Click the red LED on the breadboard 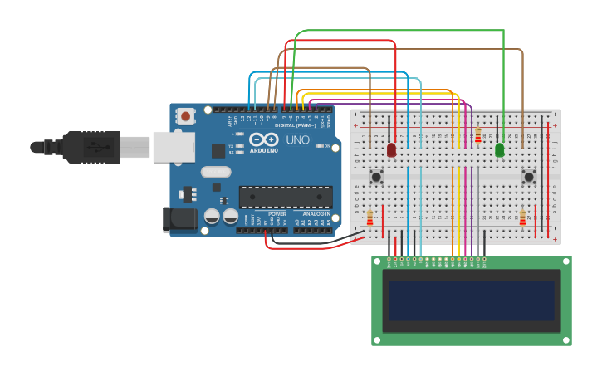[391, 150]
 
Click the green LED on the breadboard [499, 150]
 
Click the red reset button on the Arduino [186, 116]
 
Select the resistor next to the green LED [478, 134]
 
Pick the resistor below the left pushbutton [370, 218]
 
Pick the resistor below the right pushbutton [522, 217]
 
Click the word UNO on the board [297, 140]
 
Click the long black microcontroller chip [286, 197]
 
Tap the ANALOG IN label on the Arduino [316, 214]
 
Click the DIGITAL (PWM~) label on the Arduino [296, 125]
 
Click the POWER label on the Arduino [277, 214]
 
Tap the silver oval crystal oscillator [215, 172]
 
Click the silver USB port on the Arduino [174, 147]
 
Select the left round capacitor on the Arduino [213, 216]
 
